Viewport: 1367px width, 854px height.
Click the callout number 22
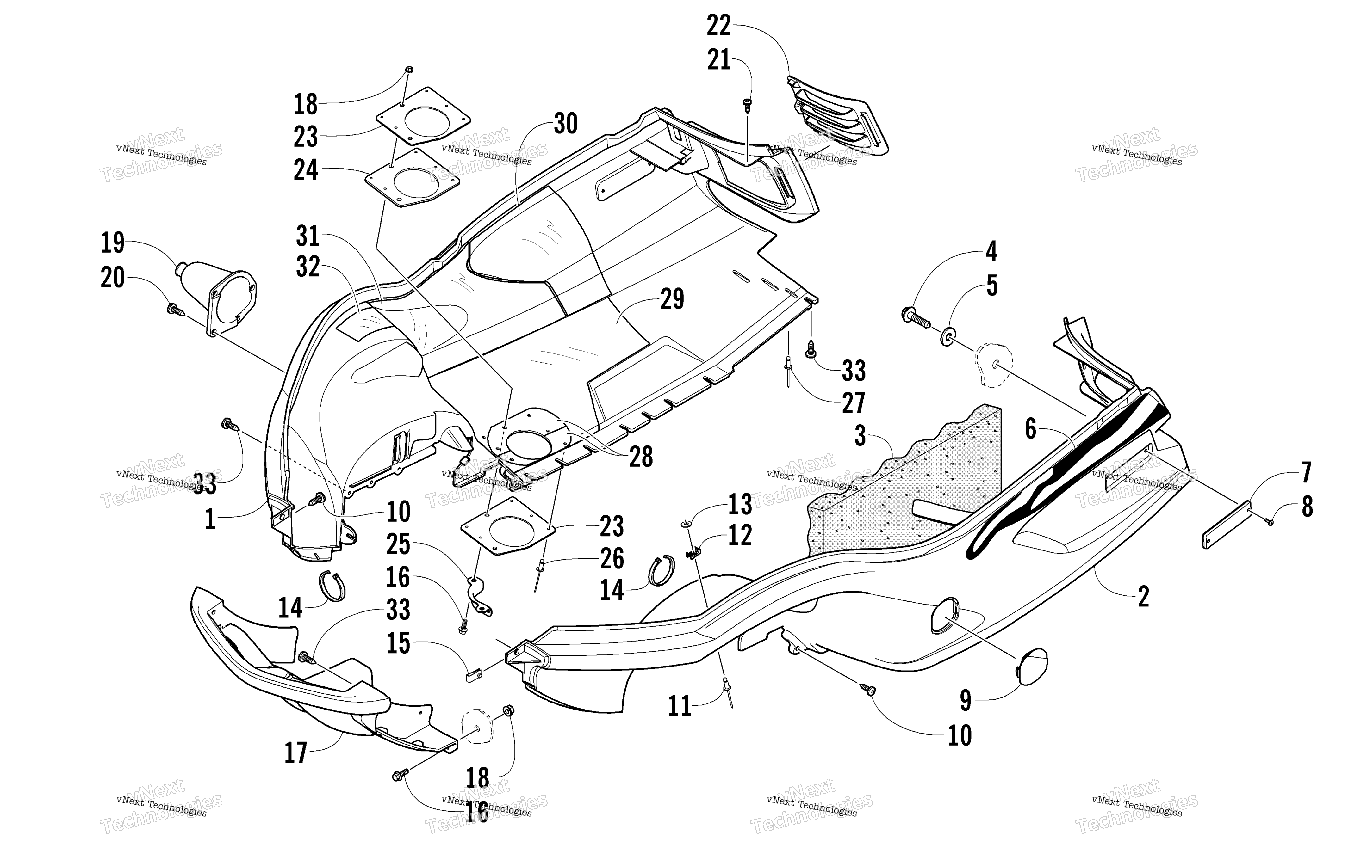click(x=719, y=26)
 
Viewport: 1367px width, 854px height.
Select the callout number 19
click(x=112, y=243)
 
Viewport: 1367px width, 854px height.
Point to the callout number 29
click(x=672, y=299)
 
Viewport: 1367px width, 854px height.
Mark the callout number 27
click(x=853, y=403)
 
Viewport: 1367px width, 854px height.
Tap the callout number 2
click(x=1143, y=596)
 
